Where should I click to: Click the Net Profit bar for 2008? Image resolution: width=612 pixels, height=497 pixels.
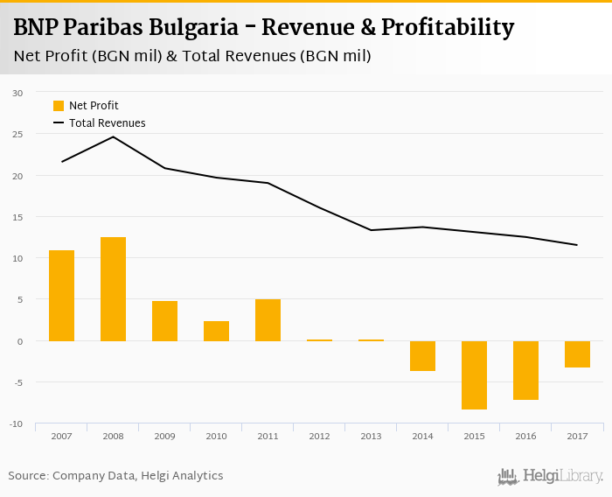pyautogui.click(x=113, y=289)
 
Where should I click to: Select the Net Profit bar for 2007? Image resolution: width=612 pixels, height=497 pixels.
pyautogui.click(x=61, y=295)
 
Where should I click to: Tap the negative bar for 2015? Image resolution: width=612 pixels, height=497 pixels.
pyautogui.click(x=474, y=374)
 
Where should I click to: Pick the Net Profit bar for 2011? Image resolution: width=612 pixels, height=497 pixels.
pyautogui.click(x=268, y=319)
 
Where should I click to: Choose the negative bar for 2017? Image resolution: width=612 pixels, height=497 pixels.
pyautogui.click(x=577, y=353)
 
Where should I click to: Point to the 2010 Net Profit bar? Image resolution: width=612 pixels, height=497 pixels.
pyautogui.click(x=216, y=331)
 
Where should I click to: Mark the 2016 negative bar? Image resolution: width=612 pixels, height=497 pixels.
pyautogui.click(x=525, y=370)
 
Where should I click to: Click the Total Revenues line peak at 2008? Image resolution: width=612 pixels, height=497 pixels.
pyautogui.click(x=113, y=136)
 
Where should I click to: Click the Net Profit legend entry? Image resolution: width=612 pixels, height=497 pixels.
pyautogui.click(x=86, y=106)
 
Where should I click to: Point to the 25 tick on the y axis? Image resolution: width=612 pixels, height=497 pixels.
pyautogui.click(x=17, y=134)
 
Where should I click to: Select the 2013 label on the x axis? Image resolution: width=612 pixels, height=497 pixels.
pyautogui.click(x=371, y=437)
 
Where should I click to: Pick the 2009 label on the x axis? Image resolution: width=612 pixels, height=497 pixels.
pyautogui.click(x=164, y=437)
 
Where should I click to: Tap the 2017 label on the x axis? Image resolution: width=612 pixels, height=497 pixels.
pyautogui.click(x=577, y=437)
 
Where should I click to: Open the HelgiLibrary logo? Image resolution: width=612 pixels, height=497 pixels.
pyautogui.click(x=550, y=476)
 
